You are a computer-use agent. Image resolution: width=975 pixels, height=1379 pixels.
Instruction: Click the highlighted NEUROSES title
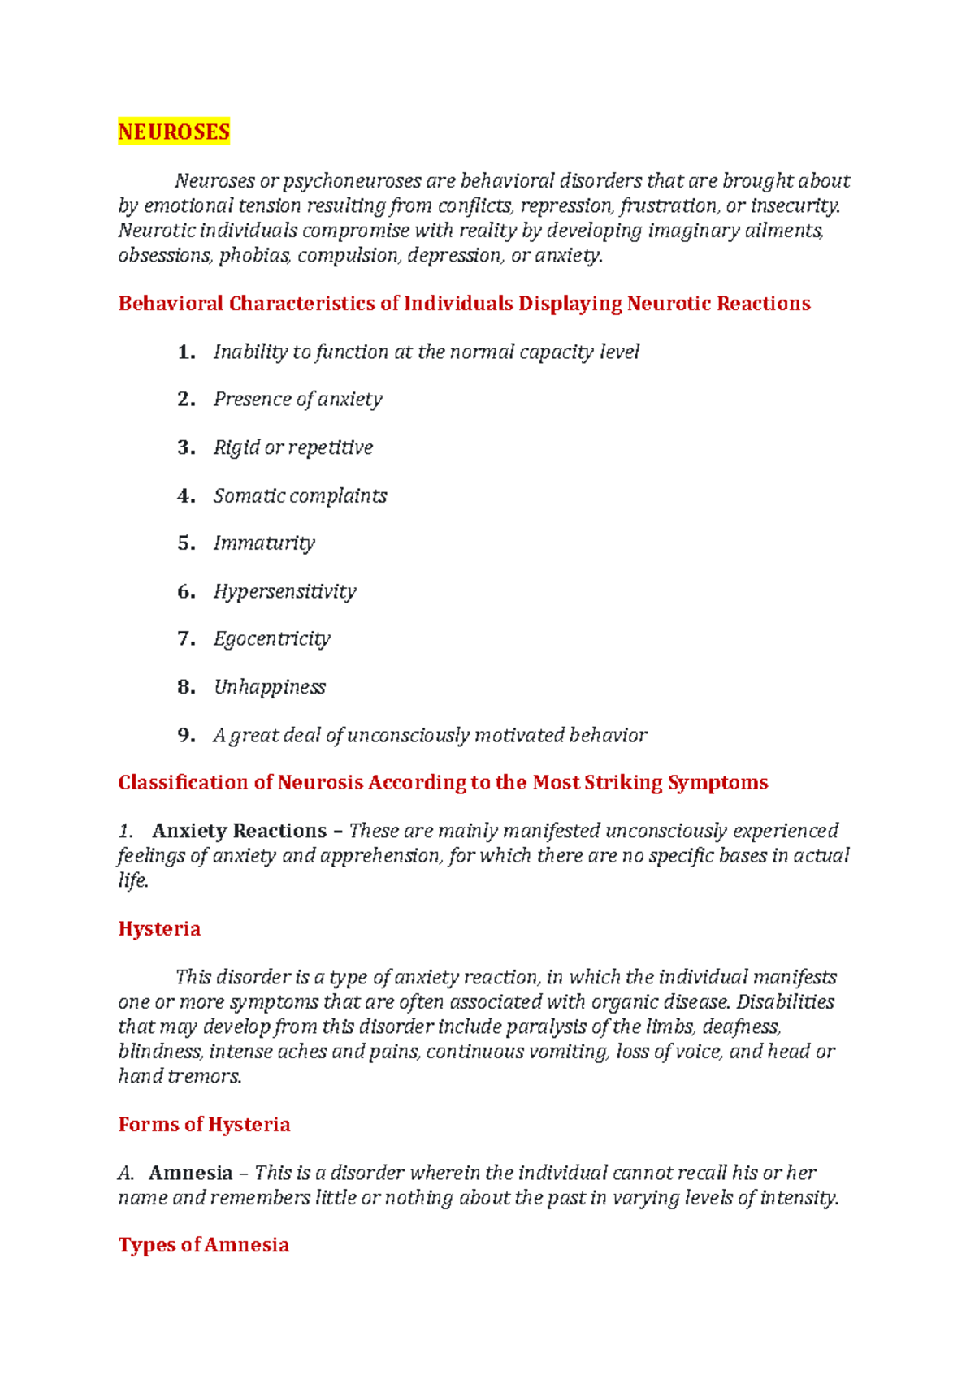tap(174, 132)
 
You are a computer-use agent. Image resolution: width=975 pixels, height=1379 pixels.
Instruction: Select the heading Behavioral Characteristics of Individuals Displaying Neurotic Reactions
tap(464, 304)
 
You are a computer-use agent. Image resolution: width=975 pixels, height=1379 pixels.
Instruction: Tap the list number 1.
tap(186, 352)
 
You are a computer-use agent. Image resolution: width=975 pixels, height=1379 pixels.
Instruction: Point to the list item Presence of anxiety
tap(297, 400)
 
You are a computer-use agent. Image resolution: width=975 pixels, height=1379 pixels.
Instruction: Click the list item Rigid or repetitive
tap(292, 447)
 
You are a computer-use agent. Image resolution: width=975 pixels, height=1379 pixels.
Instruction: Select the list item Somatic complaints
tap(300, 495)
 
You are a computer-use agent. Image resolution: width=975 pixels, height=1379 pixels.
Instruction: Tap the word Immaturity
tap(264, 543)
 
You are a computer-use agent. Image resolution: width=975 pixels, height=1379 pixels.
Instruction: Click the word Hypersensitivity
tap(284, 591)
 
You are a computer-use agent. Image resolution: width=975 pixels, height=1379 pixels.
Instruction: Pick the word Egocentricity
tap(271, 639)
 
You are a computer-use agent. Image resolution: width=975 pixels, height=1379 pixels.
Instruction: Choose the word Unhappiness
tap(269, 687)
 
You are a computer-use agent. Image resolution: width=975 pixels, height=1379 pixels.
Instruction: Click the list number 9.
tap(186, 735)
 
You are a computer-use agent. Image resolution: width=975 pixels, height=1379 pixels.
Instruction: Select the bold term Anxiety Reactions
tap(239, 831)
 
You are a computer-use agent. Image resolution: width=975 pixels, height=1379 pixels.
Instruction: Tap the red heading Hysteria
tap(159, 929)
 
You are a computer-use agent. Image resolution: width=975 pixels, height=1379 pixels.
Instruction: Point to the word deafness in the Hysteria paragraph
tap(741, 1027)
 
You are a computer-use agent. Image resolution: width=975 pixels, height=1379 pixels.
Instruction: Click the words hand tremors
tap(180, 1077)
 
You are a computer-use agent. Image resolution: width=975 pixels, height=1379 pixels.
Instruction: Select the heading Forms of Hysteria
tap(204, 1125)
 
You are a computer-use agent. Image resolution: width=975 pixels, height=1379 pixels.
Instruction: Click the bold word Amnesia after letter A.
tap(190, 1174)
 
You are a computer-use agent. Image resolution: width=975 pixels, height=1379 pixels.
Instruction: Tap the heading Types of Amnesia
tap(203, 1245)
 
